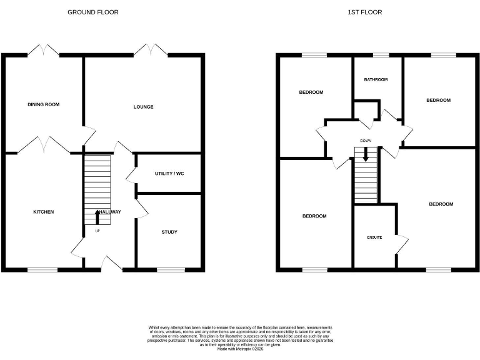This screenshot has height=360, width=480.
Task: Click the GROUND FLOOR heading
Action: pos(92,12)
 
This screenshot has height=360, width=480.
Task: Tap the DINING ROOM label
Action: pos(43,104)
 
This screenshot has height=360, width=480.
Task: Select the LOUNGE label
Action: pos(143,107)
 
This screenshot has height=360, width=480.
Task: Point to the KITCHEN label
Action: pos(43,212)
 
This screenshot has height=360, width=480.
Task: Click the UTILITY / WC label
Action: pos(169,173)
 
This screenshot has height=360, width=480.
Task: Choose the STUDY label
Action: pos(169,232)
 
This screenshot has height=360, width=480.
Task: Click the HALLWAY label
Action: pos(109,212)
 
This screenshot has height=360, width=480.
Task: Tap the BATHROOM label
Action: pos(376,79)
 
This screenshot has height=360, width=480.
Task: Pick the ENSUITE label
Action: pos(374,237)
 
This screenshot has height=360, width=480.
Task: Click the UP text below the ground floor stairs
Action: pos(97,231)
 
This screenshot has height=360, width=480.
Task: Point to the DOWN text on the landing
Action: pos(366,141)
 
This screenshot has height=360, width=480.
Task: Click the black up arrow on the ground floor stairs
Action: pos(97,217)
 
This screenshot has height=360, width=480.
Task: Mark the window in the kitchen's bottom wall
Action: pos(42,270)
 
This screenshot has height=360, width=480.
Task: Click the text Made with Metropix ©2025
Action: pos(240,349)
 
